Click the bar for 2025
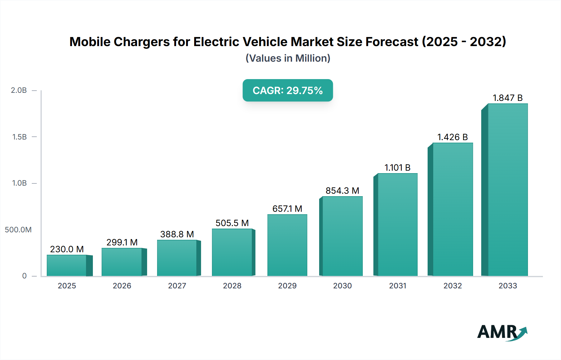[67, 265]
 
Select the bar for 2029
[287, 245]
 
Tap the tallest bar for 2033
[508, 190]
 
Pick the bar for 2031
[397, 225]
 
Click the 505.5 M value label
[232, 223]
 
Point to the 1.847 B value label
[507, 98]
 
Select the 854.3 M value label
[342, 191]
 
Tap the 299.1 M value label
[122, 242]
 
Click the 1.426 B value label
[453, 137]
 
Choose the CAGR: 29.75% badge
[288, 90]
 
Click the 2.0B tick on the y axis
[19, 90]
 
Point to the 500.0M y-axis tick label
[18, 230]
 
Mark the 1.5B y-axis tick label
[20, 137]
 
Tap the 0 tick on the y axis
[24, 276]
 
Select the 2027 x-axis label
[177, 286]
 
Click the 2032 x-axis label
[453, 286]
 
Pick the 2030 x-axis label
[342, 286]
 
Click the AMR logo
[502, 332]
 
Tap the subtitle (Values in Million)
[288, 58]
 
